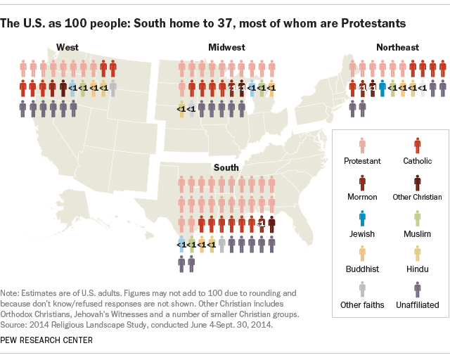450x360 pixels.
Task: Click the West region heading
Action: [x=67, y=48]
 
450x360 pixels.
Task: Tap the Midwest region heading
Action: [x=226, y=48]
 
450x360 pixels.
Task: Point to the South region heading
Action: [x=226, y=168]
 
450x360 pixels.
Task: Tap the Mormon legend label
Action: [x=362, y=197]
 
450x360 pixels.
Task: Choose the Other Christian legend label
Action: [x=418, y=197]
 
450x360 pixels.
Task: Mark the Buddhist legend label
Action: [x=362, y=269]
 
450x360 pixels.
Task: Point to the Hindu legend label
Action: [x=418, y=269]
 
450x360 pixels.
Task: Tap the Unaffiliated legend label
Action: [x=418, y=304]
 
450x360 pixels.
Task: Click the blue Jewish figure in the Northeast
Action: [x=382, y=88]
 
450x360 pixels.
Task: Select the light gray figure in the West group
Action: [x=112, y=88]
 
